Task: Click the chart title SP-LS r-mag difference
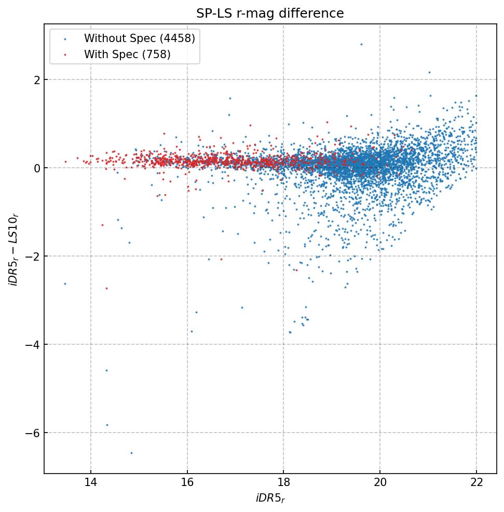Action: coord(270,14)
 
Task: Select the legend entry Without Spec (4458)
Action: coord(139,38)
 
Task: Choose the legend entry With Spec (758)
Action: coord(127,54)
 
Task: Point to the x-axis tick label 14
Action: coord(91,483)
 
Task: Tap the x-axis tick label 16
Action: coord(187,483)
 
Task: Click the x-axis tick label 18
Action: coord(283,483)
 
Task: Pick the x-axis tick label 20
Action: coord(380,483)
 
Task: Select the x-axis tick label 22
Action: coord(476,483)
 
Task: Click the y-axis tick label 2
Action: coord(36,79)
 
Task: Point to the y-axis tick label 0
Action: coord(36,168)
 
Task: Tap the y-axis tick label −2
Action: coord(32,256)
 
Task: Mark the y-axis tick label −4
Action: coord(32,344)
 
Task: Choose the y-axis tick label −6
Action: coord(32,433)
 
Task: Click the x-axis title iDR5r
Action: coord(270,498)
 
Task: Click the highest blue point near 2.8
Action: coord(361,44)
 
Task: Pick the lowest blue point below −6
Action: coord(131,453)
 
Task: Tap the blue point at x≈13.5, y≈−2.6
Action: coord(65,284)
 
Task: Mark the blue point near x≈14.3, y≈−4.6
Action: coord(106,370)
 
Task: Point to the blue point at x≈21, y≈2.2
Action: coord(429,72)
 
